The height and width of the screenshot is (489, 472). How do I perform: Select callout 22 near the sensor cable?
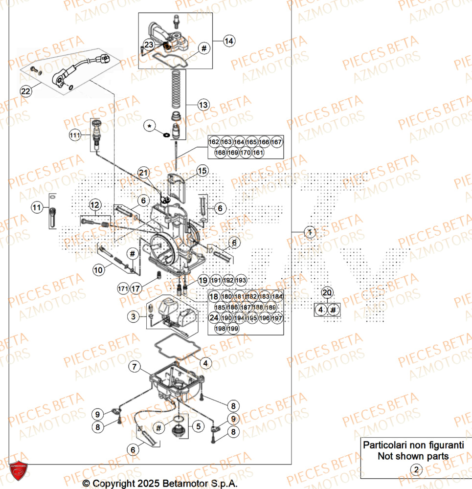pos(26,90)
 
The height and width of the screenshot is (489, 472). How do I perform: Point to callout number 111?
pos(74,136)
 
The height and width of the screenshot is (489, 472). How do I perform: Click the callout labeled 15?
pos(202,171)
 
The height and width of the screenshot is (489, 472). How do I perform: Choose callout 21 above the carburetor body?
pos(142,173)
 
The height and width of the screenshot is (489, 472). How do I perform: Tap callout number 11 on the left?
pos(37,208)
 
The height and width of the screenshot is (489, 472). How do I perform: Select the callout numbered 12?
pos(94,204)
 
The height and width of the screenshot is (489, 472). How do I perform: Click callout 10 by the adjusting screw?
pos(98,269)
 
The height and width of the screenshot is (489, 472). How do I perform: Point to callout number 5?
pos(198,426)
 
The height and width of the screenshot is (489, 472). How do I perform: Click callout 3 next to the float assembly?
pos(133,317)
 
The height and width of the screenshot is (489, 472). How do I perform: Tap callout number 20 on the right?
pos(327,292)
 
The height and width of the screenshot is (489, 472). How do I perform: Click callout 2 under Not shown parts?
pos(415,470)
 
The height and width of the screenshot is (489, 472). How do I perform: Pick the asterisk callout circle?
pos(150,127)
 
